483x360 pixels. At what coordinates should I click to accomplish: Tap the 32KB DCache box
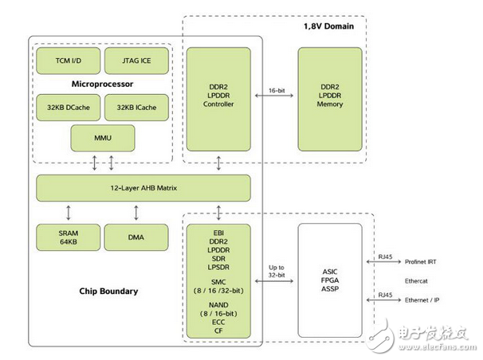point(67,107)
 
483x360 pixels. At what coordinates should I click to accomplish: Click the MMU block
point(102,139)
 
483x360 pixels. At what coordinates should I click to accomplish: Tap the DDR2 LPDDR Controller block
point(218,99)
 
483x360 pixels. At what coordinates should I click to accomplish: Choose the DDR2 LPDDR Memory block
point(330,99)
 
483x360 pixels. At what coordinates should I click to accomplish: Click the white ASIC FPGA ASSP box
point(330,280)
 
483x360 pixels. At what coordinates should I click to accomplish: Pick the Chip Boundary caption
point(108,291)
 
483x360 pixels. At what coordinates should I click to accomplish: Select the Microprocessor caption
point(102,83)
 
